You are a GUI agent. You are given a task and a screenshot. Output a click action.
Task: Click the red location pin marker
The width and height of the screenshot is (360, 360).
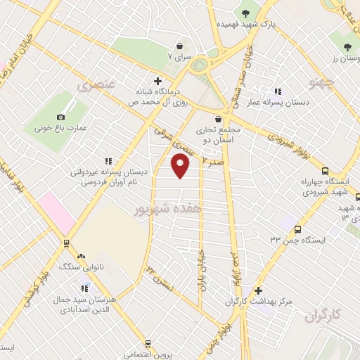point(181,166)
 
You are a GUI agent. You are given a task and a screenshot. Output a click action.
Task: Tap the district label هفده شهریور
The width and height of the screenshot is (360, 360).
point(161,210)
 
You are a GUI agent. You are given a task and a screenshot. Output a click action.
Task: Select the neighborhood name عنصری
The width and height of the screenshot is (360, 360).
point(99,85)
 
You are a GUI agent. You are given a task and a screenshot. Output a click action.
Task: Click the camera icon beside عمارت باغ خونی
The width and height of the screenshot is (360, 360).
point(60,117)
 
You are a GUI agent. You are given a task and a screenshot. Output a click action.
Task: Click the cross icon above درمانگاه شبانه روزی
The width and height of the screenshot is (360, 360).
point(157,81)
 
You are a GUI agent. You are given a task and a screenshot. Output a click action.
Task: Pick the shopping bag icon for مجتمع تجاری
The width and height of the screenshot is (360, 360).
point(226,119)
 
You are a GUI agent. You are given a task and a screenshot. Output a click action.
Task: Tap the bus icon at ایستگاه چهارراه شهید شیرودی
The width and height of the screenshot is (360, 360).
point(325,170)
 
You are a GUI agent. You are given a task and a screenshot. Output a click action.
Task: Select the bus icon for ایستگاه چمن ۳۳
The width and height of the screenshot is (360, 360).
point(298,229)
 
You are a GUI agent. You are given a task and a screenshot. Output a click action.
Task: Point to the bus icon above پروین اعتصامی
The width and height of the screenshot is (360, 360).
point(148,343)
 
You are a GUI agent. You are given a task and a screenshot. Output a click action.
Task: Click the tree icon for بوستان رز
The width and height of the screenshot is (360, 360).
point(347,47)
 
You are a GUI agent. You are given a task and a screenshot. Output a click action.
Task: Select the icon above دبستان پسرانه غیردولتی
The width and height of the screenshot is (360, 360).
point(108,161)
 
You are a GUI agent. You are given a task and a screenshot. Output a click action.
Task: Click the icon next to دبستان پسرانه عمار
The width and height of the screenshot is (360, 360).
point(278,91)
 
